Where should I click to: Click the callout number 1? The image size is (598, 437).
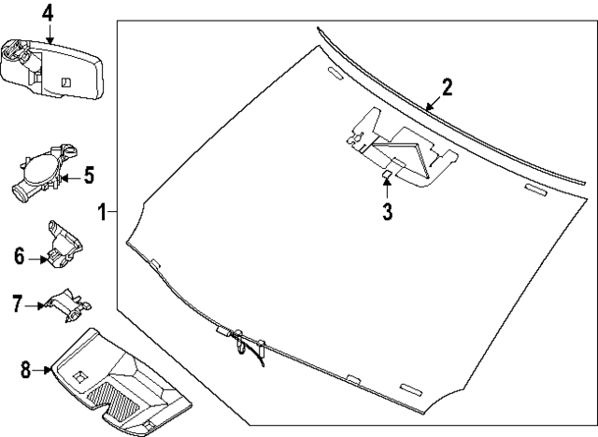point(102,212)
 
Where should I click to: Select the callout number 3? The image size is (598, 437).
point(387,211)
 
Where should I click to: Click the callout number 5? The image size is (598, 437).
point(90,175)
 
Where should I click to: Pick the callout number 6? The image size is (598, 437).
point(19,255)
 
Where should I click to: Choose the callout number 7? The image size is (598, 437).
point(17,303)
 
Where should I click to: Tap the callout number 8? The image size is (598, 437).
point(24,370)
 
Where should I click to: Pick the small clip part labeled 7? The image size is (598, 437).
point(68,303)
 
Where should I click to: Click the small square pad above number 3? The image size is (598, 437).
point(385,175)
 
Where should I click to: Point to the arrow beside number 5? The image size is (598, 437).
point(70,176)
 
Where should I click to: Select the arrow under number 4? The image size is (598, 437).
point(48,32)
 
